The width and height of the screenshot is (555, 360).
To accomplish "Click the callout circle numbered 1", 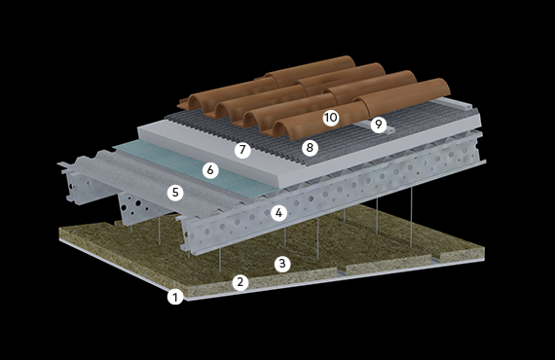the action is (x=175, y=297).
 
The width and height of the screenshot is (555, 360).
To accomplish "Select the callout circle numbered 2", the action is (x=240, y=282).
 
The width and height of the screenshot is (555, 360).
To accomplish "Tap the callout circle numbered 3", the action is (x=282, y=264).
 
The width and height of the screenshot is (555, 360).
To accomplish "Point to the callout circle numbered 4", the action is (x=278, y=213).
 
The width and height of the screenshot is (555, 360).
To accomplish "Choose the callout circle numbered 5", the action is (x=175, y=193).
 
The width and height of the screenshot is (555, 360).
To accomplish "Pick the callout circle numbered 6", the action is (x=210, y=170).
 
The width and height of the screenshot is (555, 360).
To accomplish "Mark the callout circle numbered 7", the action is (x=242, y=150).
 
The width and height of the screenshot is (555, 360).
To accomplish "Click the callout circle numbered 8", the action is (x=310, y=148).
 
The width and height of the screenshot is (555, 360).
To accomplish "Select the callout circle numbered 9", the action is (x=379, y=125).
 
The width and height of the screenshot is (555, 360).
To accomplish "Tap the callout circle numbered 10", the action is (x=331, y=118).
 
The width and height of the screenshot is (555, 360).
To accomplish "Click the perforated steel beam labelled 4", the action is (x=333, y=198).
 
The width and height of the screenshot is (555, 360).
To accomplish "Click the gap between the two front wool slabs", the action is (x=341, y=272).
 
